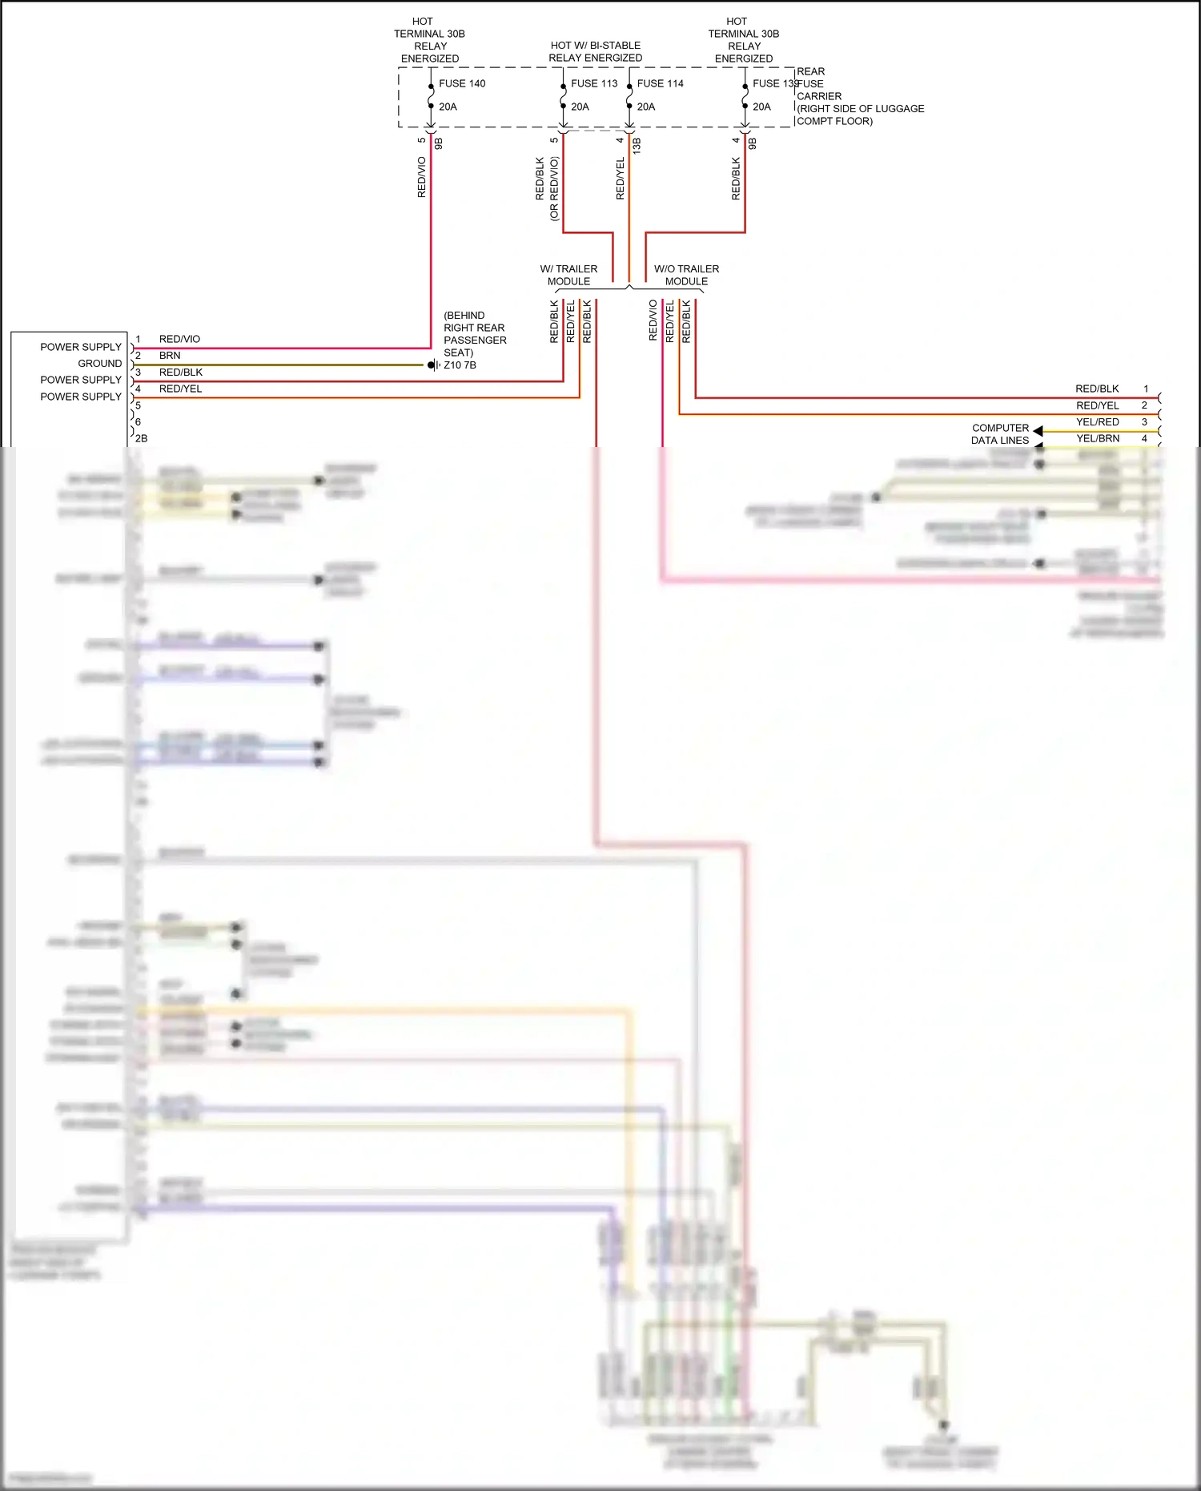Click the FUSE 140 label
tap(462, 83)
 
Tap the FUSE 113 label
tap(594, 83)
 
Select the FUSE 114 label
tap(661, 83)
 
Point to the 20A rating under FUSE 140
tap(448, 107)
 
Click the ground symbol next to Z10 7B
tap(432, 365)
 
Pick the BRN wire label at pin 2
tap(170, 356)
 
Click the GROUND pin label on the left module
tap(99, 364)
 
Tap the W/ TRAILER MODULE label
tap(568, 275)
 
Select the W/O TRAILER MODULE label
tap(686, 275)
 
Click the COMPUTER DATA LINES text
tap(1000, 434)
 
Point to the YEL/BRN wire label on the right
tap(1098, 439)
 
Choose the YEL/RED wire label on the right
tap(1098, 422)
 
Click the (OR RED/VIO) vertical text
tap(554, 188)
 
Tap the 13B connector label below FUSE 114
tap(637, 145)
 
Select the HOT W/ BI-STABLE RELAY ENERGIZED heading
tap(596, 52)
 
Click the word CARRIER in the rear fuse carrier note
tap(819, 96)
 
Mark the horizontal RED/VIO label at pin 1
tap(179, 339)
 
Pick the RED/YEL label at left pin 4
tap(180, 389)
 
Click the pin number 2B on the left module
tap(141, 439)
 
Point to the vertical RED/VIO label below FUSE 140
tap(422, 177)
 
